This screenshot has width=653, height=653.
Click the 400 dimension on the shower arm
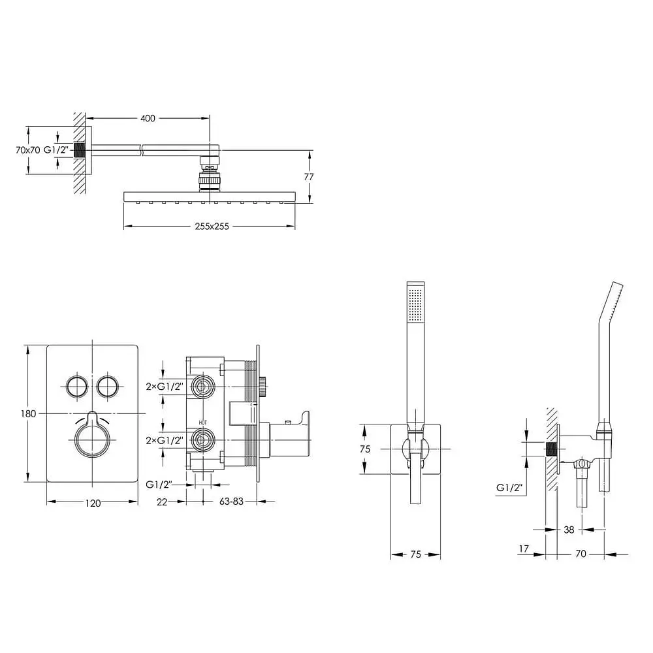tap(148, 118)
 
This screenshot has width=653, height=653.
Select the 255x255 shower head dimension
tap(212, 227)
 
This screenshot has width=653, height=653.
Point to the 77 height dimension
tap(309, 176)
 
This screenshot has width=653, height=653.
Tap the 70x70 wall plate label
tap(28, 150)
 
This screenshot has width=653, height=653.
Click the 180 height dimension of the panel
tap(28, 413)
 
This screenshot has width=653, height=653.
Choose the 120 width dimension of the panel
tap(93, 503)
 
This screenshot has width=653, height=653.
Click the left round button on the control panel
tap(77, 387)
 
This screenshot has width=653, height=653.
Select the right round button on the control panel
tap(108, 387)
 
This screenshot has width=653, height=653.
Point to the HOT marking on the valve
tap(203, 422)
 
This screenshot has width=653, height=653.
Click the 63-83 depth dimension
tap(231, 502)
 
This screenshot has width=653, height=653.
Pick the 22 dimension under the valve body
tap(162, 502)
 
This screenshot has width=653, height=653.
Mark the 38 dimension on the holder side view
tap(569, 530)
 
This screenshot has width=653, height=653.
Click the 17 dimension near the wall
tap(524, 549)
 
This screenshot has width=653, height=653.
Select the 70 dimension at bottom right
tap(581, 554)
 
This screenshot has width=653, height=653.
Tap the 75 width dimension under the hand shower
tap(415, 554)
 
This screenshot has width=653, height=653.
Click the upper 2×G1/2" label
tap(165, 387)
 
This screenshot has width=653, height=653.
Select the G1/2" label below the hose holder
tap(509, 488)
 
